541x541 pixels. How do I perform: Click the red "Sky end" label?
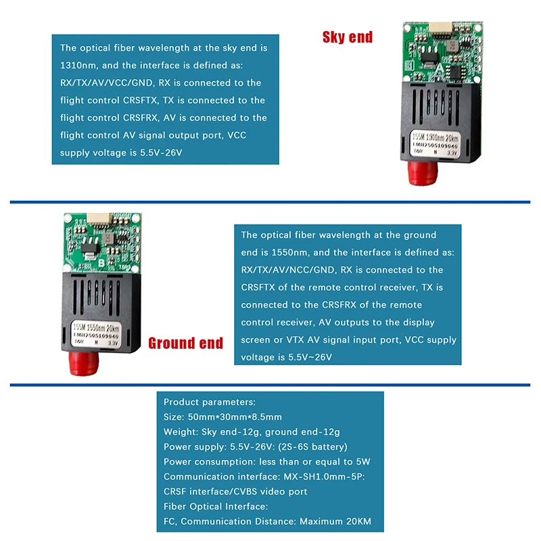[348, 37]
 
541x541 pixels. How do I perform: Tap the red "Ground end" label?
[185, 343]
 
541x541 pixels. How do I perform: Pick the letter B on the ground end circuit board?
[101, 262]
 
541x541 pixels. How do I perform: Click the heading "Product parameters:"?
[210, 402]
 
